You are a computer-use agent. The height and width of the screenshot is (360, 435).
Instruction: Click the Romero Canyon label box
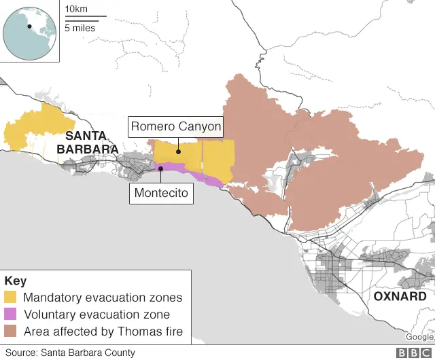[175, 126]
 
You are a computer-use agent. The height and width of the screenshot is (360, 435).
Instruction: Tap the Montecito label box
[161, 194]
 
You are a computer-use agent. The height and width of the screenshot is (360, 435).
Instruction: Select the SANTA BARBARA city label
[87, 143]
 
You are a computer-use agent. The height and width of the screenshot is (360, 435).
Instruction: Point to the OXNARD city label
[400, 297]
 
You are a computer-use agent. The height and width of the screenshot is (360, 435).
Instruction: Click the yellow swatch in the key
[12, 298]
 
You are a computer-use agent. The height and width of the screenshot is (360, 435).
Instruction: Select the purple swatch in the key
[12, 314]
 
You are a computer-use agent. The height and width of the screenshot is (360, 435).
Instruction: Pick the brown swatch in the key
[12, 331]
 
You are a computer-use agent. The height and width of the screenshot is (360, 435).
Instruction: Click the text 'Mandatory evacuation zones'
[103, 298]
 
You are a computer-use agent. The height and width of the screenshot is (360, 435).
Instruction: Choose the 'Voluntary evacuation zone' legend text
[97, 314]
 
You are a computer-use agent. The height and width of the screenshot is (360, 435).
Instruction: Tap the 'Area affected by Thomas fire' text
[103, 331]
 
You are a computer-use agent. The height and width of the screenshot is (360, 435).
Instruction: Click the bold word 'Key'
[15, 281]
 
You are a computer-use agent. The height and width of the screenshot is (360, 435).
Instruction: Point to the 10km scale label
[76, 9]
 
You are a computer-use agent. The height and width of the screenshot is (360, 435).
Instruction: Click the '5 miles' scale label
[80, 28]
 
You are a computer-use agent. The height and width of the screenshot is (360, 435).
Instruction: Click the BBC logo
[412, 353]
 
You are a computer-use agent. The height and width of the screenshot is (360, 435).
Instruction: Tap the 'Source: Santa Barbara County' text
[71, 353]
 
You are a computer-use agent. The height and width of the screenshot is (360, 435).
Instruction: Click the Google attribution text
[419, 337]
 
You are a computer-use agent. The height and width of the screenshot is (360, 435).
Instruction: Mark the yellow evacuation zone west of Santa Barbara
[37, 129]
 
